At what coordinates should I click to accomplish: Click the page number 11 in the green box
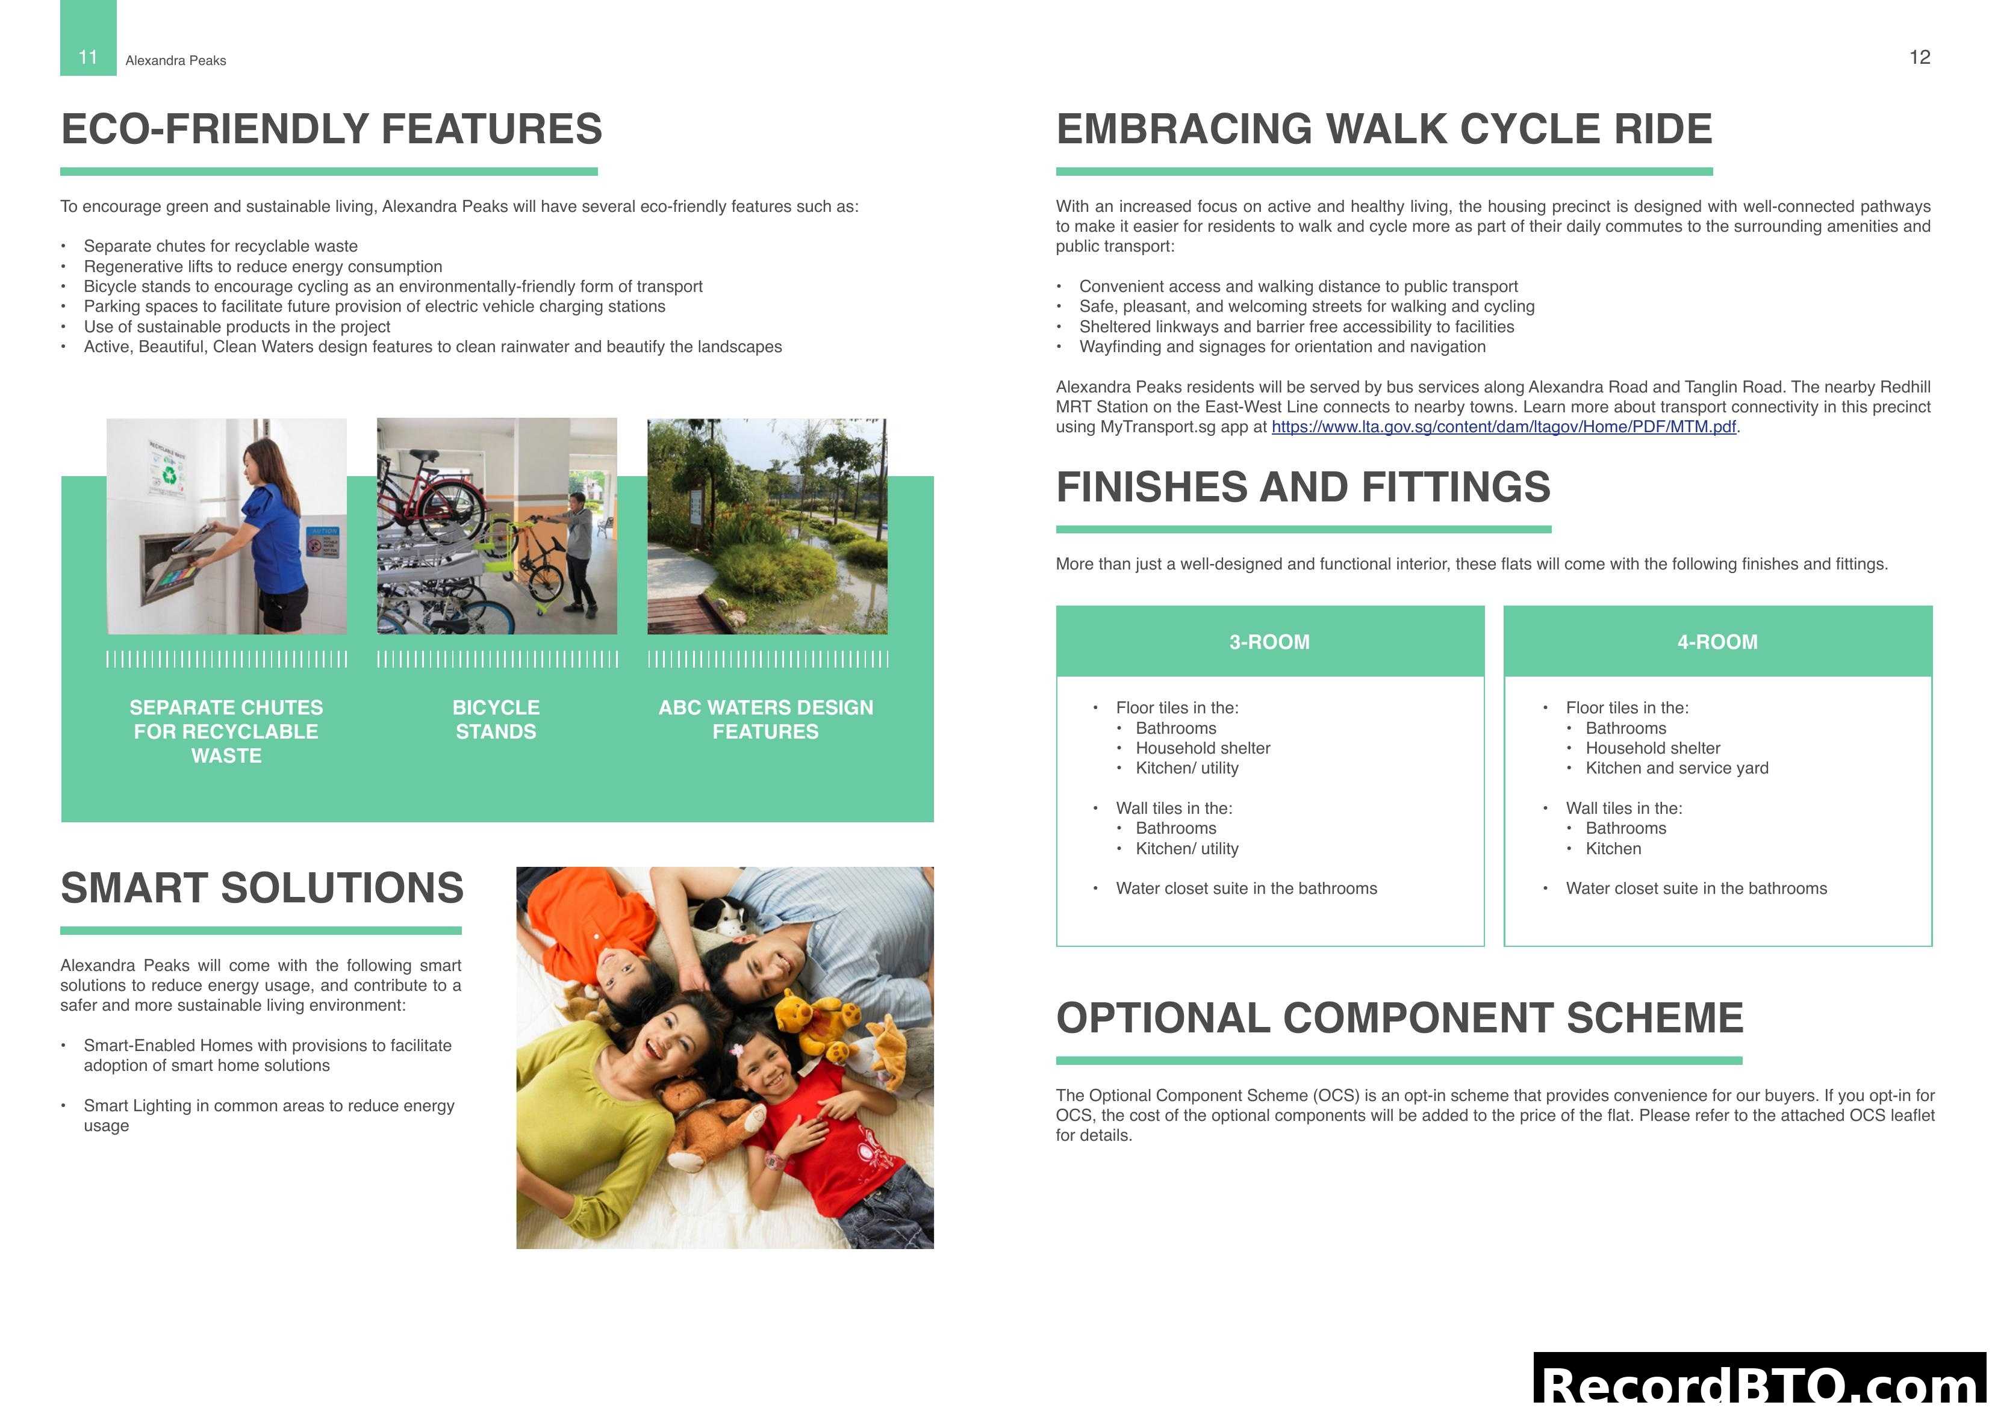point(88,57)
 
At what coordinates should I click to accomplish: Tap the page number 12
point(1919,57)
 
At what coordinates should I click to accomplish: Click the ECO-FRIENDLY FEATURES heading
point(331,129)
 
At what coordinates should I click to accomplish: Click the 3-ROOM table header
point(1269,642)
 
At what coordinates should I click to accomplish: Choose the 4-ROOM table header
point(1717,642)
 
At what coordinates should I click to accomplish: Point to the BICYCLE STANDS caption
point(496,719)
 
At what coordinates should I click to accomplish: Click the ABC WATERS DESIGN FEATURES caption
point(765,719)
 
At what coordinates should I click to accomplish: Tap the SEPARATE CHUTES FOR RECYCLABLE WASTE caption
point(226,731)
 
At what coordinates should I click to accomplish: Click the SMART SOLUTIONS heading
point(262,889)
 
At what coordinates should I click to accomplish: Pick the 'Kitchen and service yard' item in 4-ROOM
point(1676,768)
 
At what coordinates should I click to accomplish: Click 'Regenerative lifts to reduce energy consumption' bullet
point(263,266)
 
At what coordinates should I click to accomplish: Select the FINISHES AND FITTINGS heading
point(1303,486)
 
